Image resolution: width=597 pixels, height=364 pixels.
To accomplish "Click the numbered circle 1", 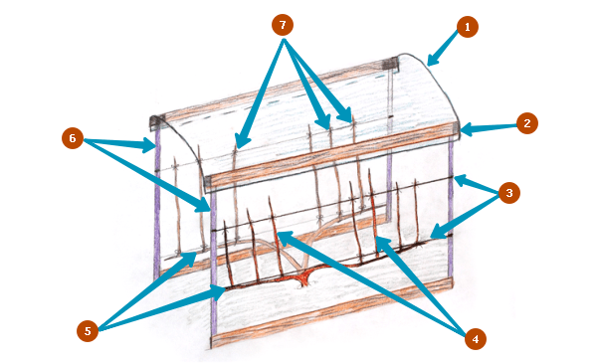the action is tap(468, 27).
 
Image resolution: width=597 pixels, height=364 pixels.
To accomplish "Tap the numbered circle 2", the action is tap(527, 123).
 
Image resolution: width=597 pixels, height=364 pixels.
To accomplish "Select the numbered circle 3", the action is tap(509, 193).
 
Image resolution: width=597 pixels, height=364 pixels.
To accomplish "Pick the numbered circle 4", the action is tap(476, 338).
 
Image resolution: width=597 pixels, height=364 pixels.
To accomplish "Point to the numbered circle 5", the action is tap(88, 331).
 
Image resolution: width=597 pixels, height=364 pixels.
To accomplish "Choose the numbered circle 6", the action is tap(73, 138).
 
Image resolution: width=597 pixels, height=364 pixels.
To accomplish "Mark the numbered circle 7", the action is tap(283, 25).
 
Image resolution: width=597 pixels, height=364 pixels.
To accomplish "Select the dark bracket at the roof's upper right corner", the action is tap(390, 64).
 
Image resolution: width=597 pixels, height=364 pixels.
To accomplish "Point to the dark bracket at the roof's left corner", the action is tap(156, 122).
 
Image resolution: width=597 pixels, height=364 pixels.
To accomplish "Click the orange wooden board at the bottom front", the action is tap(331, 312).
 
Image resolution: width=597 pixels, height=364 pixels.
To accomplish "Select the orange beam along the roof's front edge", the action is tap(331, 156).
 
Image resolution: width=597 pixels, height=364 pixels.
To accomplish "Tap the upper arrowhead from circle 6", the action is tap(149, 144).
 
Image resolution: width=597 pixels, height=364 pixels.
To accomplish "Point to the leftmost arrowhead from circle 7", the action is tap(239, 141).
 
